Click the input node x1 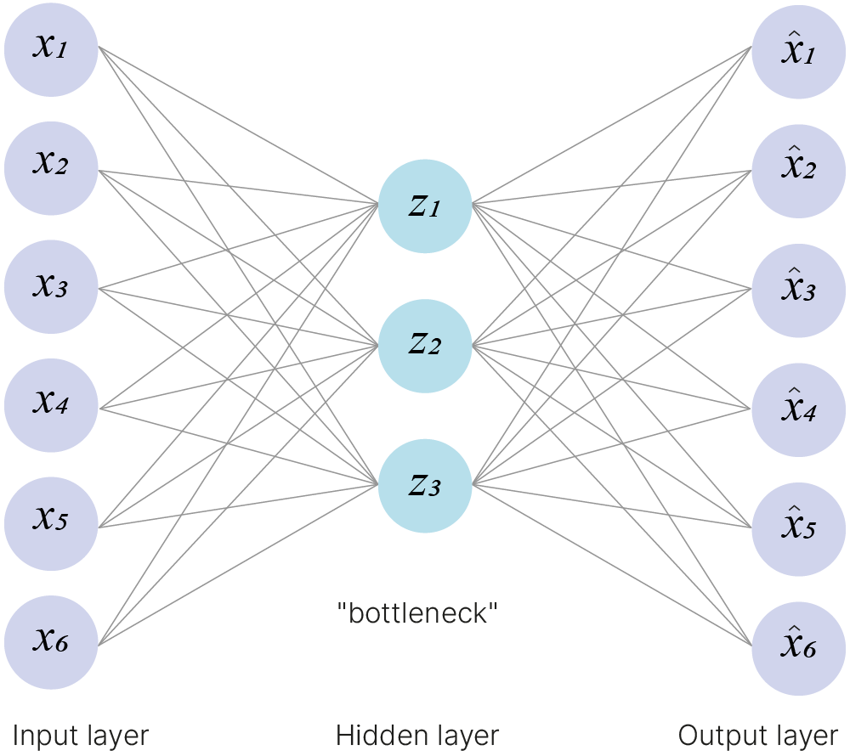pos(51,48)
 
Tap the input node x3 pos(51,286)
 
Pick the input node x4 pos(51,405)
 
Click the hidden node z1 pos(424,206)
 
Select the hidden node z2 pos(424,346)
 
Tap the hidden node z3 pos(424,486)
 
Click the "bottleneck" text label pos(416,612)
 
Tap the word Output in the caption pos(712,736)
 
